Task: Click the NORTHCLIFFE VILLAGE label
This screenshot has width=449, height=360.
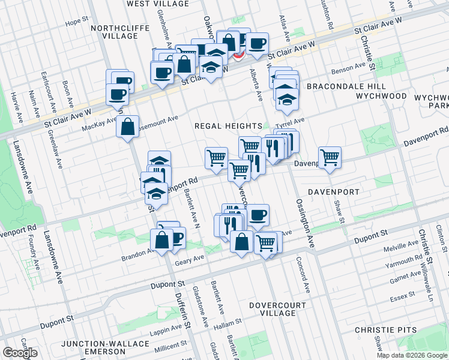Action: (114, 32)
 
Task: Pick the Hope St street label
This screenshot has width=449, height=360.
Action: (77, 22)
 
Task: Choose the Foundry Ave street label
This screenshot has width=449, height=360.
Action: (31, 252)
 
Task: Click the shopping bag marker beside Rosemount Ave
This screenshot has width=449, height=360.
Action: (128, 127)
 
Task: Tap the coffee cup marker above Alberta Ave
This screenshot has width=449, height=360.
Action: (258, 43)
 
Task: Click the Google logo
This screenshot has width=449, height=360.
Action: (20, 353)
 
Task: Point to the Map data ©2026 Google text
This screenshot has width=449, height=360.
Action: (412, 355)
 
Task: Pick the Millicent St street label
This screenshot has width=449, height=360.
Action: (170, 347)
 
